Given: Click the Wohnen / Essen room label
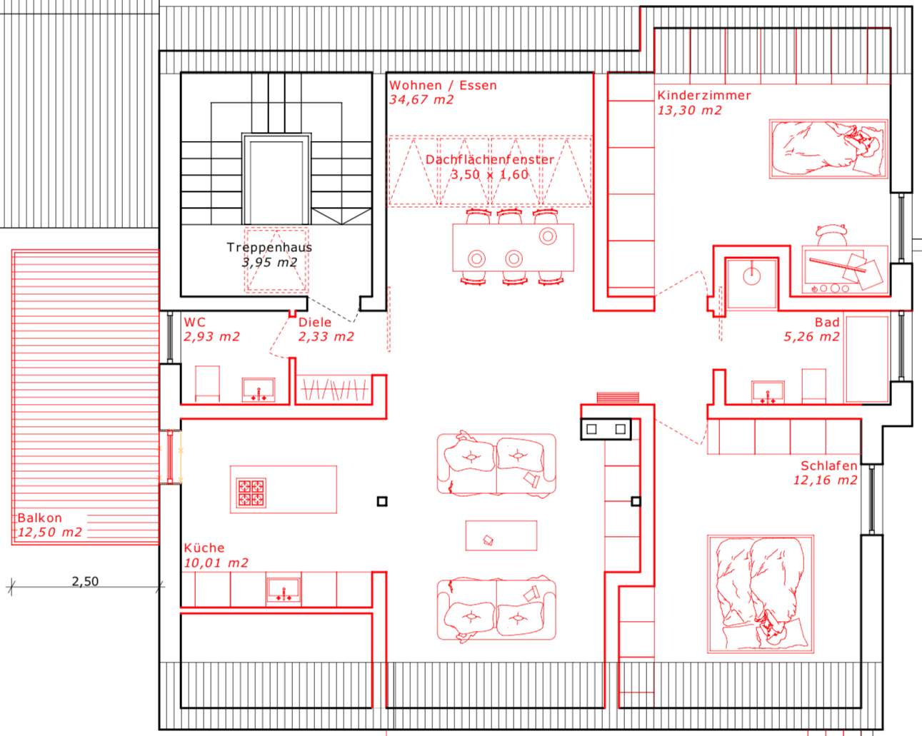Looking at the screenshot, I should (443, 86).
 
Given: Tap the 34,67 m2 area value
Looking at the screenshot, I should (421, 100).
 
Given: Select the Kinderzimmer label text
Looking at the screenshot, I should (703, 96).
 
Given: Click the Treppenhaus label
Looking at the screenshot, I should (269, 248).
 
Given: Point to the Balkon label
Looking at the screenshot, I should (40, 518).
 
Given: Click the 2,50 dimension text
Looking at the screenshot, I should (85, 582).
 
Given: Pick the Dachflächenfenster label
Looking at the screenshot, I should (490, 160).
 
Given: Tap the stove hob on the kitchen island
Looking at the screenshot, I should (251, 493).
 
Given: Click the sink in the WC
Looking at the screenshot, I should (258, 390).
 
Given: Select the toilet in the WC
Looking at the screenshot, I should (207, 385).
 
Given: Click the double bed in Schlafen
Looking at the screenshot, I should (760, 594).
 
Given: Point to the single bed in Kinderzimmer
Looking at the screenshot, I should (828, 149).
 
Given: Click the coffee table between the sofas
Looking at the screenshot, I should (501, 535).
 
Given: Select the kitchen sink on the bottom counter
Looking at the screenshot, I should (284, 590).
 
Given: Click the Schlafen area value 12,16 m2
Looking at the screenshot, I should (825, 480).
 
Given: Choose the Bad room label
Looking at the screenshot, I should (827, 323).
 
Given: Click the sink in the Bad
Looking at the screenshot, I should (768, 392).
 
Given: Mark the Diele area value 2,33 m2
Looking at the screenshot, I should (326, 337).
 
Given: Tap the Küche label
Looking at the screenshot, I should (204, 548).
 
